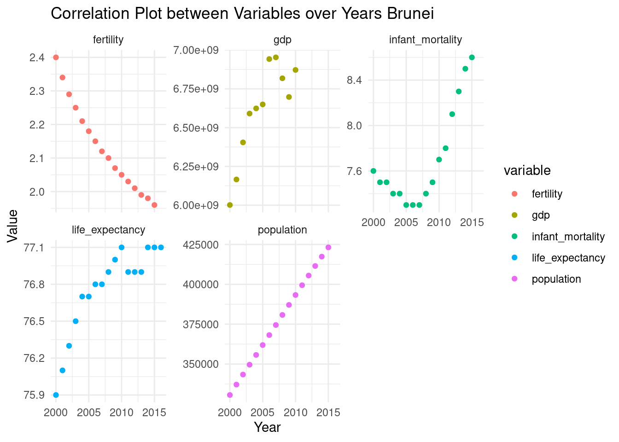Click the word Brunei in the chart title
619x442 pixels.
pos(411,14)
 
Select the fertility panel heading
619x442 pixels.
pos(108,40)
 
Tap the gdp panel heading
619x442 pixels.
pos(282,40)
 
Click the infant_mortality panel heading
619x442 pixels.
pos(425,40)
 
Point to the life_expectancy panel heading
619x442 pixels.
pos(108,230)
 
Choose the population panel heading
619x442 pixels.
pos(282,230)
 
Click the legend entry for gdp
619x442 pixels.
pos(541,215)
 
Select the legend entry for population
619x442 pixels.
pos(556,279)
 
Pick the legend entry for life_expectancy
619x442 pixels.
pos(568,258)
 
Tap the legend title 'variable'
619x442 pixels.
pos(527,170)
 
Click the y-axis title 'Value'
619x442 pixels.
pos(12,226)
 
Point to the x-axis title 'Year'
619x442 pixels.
pos(267,427)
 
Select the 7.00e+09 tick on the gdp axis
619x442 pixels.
pos(196,50)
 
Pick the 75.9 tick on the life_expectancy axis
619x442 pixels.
pos(34,395)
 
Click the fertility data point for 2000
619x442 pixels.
pos(56,58)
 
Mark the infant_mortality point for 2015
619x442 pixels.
pos(472,58)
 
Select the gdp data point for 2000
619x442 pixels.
pos(230,205)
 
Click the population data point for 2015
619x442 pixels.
pos(328,248)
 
